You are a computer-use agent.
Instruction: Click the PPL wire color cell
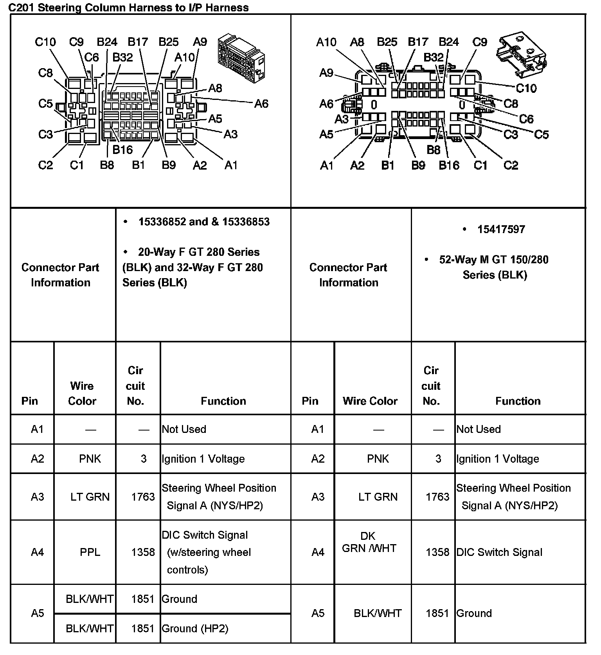click(90, 552)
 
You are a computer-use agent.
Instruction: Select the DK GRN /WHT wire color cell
click(369, 542)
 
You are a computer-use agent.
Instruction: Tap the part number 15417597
click(501, 229)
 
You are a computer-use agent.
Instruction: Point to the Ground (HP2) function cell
click(195, 628)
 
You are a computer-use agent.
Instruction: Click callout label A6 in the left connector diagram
click(261, 103)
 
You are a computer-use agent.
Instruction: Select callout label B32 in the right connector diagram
click(434, 57)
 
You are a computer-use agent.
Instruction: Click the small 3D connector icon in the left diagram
click(241, 59)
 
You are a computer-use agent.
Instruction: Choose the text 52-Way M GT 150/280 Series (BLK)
click(494, 267)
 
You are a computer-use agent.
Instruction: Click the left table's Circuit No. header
click(135, 385)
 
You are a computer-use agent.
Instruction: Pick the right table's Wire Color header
click(370, 401)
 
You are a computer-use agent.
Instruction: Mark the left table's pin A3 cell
click(37, 497)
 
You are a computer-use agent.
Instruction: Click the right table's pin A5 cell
click(318, 613)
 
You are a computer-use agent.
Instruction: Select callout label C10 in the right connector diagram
click(526, 88)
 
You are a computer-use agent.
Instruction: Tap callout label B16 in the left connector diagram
click(122, 150)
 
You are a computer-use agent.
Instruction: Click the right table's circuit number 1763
click(437, 497)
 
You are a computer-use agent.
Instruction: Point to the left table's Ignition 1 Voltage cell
click(203, 459)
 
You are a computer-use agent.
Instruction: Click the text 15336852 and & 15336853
click(204, 222)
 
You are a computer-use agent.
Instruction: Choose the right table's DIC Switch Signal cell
click(499, 552)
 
